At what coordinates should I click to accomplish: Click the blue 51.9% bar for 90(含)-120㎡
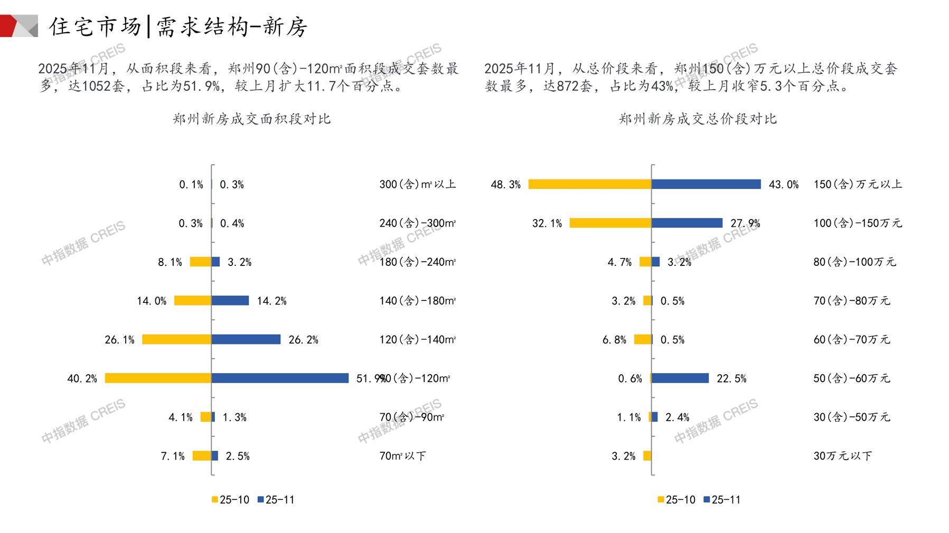(280, 378)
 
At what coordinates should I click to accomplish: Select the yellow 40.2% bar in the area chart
(158, 378)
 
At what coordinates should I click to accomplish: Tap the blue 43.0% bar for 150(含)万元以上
(706, 184)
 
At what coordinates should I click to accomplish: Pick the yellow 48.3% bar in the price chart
(590, 184)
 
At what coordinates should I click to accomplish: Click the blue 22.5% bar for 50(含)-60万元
(680, 378)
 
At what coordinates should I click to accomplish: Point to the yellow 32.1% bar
(610, 223)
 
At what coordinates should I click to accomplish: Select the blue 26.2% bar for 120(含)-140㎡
(246, 339)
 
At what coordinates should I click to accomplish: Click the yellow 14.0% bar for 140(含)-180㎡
(193, 301)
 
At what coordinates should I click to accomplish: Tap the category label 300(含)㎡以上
(417, 184)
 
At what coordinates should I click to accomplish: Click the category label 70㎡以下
(402, 456)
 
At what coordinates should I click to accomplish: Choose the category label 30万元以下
(842, 456)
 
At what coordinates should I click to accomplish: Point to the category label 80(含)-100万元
(854, 262)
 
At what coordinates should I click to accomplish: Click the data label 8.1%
(170, 262)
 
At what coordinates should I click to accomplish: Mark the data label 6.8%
(614, 340)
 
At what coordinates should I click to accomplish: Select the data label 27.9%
(745, 224)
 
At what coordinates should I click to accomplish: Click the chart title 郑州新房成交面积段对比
(251, 119)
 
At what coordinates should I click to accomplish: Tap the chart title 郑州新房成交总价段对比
(698, 119)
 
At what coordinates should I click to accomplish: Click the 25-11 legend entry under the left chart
(276, 500)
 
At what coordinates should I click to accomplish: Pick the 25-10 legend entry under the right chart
(676, 500)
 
